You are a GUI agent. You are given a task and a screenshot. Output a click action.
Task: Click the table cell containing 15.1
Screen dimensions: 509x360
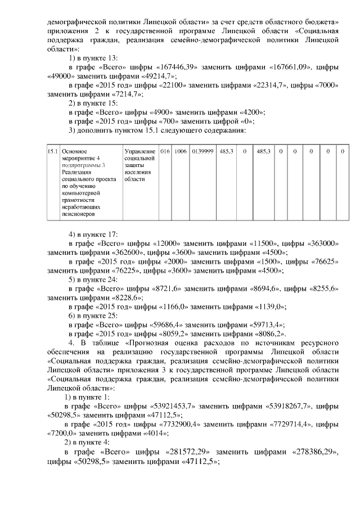[52, 151]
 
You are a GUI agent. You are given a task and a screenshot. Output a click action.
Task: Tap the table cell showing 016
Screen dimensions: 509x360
[165, 151]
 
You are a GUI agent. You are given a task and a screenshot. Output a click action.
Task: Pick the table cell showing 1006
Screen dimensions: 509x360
[180, 151]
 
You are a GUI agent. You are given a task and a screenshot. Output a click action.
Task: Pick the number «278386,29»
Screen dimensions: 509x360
[298, 452]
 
